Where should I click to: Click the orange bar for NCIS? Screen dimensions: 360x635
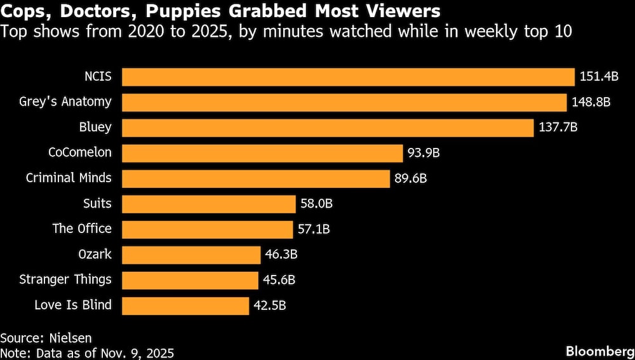click(x=348, y=77)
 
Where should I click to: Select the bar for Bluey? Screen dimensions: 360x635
click(x=327, y=128)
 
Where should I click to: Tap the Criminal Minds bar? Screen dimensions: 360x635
click(x=255, y=178)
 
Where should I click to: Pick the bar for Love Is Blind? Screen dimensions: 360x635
click(x=185, y=305)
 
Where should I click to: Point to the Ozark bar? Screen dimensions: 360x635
click(x=190, y=255)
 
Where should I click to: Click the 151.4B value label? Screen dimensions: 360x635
click(x=599, y=77)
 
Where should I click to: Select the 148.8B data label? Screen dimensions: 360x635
click(x=591, y=102)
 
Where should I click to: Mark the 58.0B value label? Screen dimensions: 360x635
click(x=316, y=204)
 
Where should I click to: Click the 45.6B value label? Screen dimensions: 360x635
click(x=279, y=280)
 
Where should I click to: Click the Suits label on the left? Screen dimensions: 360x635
click(x=97, y=203)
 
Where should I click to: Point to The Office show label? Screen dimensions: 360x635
click(x=81, y=229)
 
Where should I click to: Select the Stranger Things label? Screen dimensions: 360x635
click(x=65, y=279)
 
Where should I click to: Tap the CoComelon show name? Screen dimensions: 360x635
click(x=79, y=152)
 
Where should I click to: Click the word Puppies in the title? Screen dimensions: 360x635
click(x=196, y=12)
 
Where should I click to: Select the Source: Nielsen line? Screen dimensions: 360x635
click(x=41, y=338)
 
